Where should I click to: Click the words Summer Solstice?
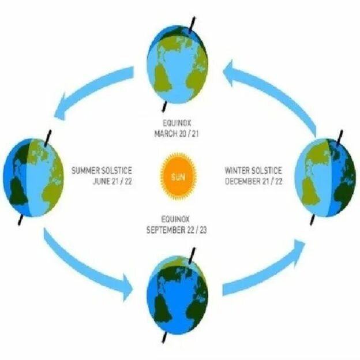tap(102, 171)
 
